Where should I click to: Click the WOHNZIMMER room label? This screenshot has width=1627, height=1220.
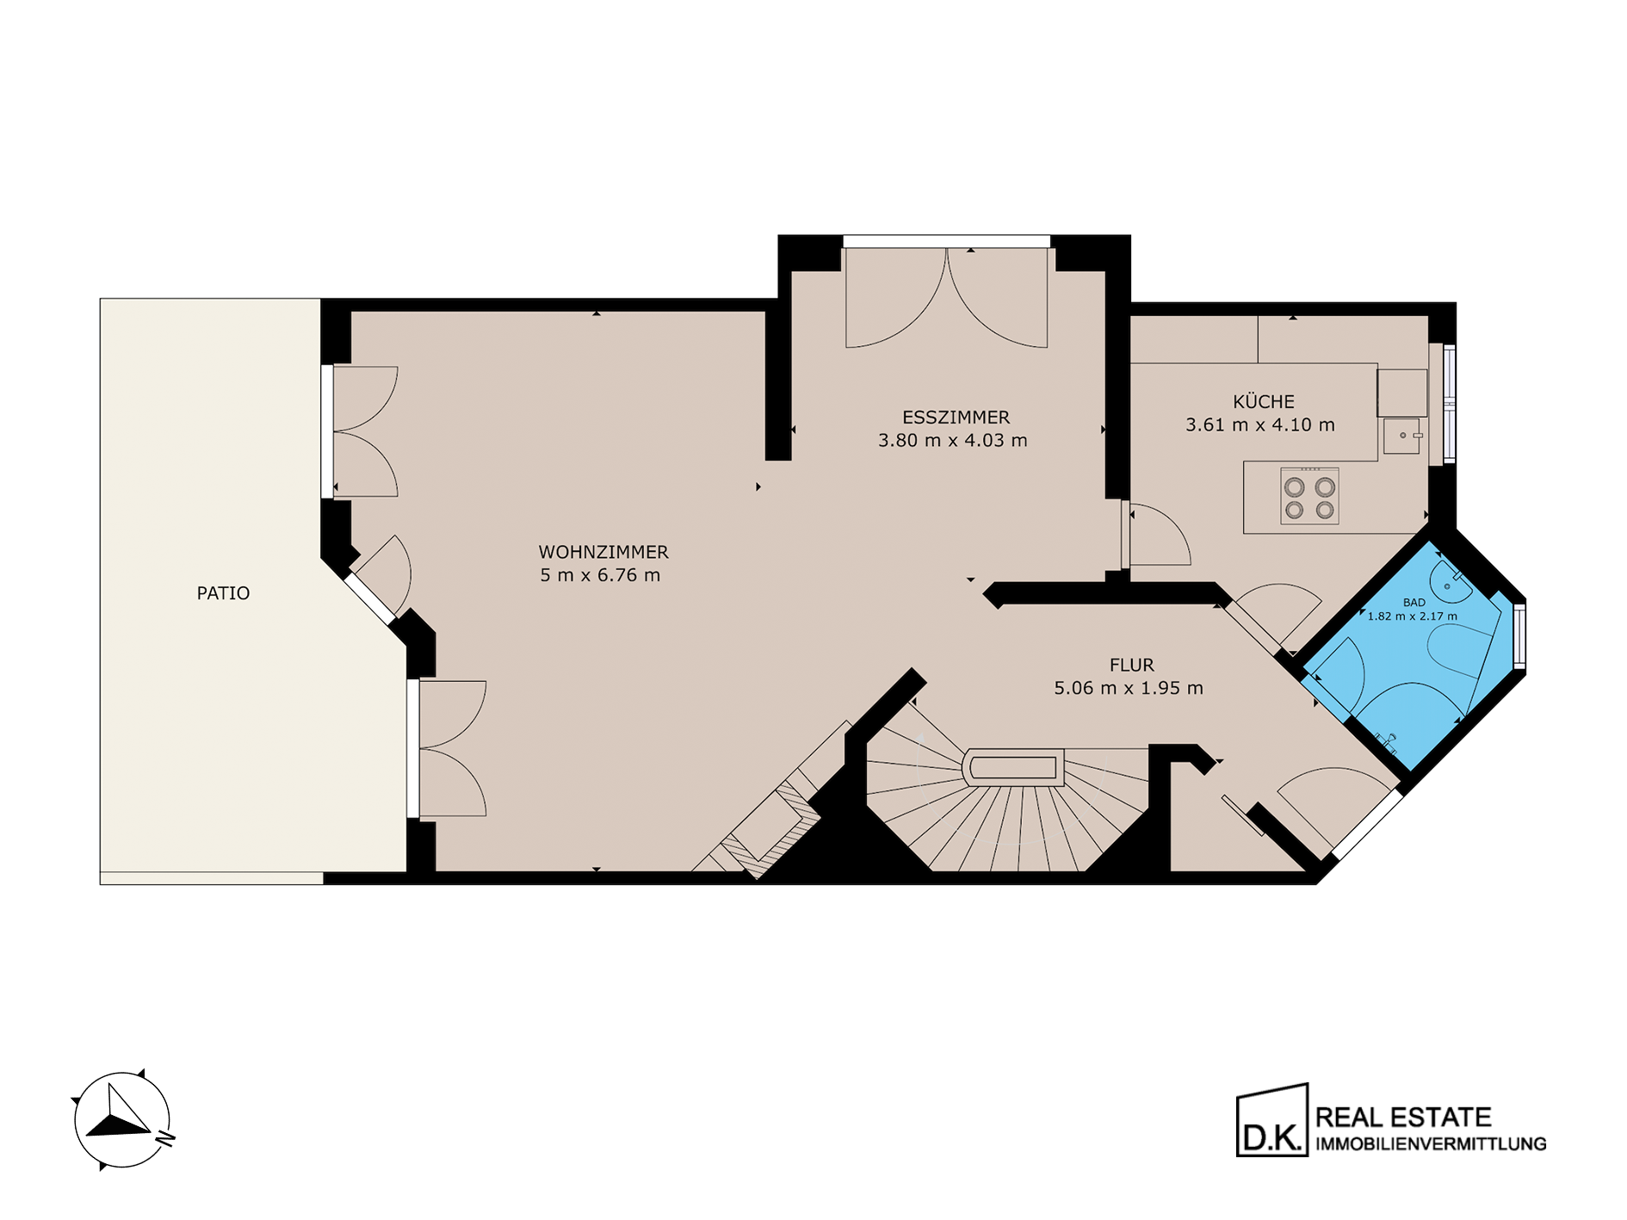pyautogui.click(x=603, y=552)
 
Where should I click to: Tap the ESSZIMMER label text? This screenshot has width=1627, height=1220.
pyautogui.click(x=956, y=418)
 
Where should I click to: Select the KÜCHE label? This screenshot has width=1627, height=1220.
pyautogui.click(x=1263, y=401)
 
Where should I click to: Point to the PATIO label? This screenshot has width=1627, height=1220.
pyautogui.click(x=223, y=593)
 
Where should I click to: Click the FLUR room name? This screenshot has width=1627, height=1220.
pyautogui.click(x=1131, y=666)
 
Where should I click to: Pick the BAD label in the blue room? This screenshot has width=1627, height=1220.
pyautogui.click(x=1414, y=603)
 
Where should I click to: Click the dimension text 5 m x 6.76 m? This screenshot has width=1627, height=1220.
pyautogui.click(x=600, y=575)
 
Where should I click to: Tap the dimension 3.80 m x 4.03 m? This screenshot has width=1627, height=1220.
pyautogui.click(x=953, y=441)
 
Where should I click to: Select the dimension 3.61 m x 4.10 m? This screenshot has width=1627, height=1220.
pyautogui.click(x=1260, y=425)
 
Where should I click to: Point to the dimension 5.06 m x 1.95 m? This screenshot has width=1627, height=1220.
pyautogui.click(x=1129, y=688)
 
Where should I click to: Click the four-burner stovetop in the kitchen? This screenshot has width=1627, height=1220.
pyautogui.click(x=1309, y=496)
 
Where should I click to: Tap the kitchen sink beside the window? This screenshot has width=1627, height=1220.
pyautogui.click(x=1401, y=437)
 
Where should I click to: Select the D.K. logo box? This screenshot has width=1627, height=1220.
pyautogui.click(x=1272, y=1120)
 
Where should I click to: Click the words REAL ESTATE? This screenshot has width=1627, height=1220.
pyautogui.click(x=1403, y=1118)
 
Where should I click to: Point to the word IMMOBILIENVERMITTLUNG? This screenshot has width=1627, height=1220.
pyautogui.click(x=1431, y=1144)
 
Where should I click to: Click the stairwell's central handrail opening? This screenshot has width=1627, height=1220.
pyautogui.click(x=1014, y=767)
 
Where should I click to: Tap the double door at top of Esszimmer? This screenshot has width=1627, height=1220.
pyautogui.click(x=947, y=298)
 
